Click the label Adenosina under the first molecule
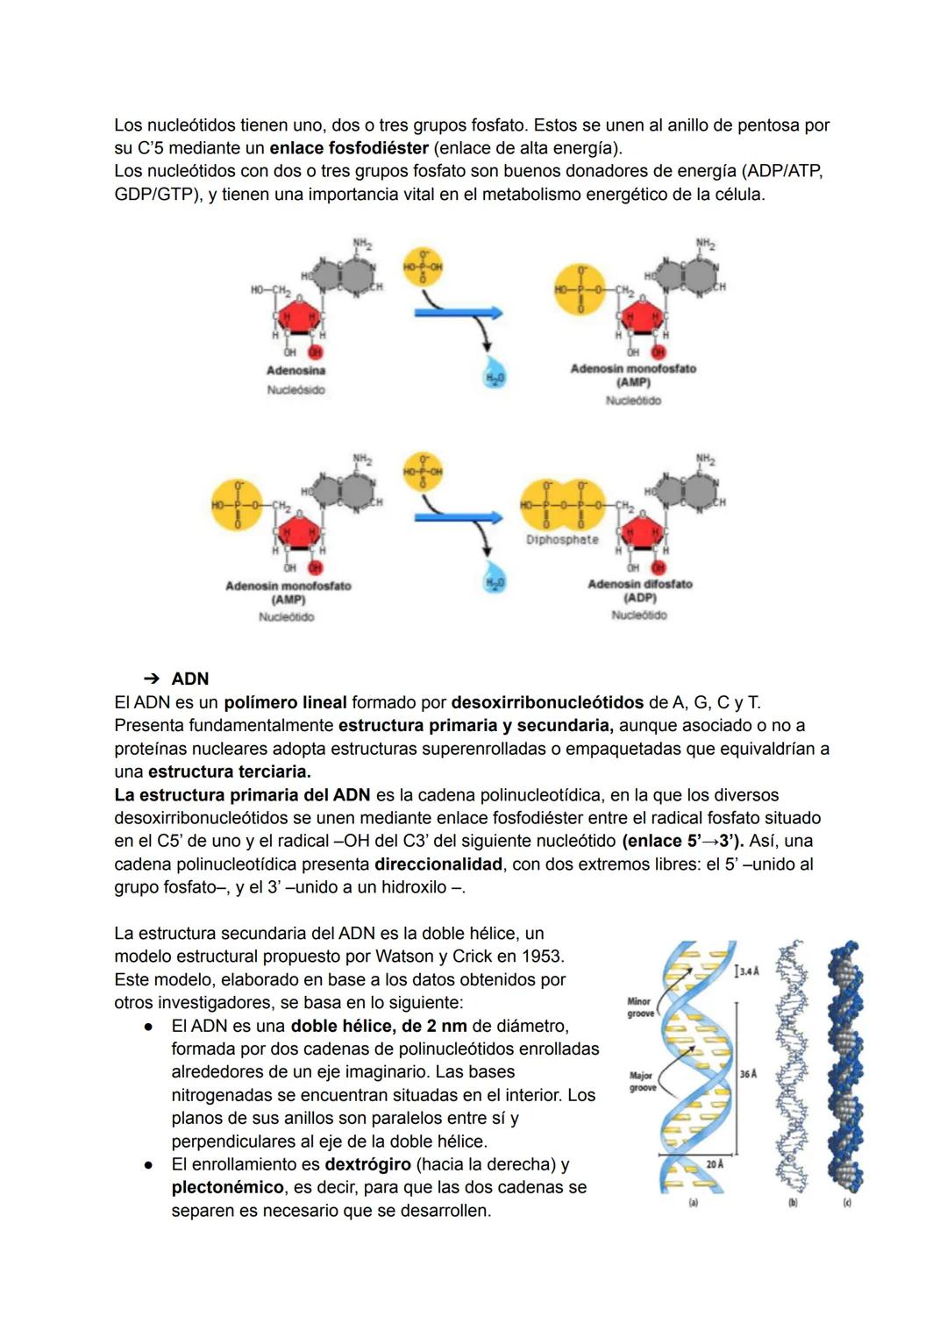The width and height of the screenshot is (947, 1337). click(295, 371)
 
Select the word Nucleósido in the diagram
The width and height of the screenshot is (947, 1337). click(295, 390)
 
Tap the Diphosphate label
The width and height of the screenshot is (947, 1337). click(562, 540)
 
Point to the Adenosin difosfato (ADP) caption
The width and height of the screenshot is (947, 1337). click(639, 591)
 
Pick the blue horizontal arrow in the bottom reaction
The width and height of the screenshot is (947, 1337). click(458, 517)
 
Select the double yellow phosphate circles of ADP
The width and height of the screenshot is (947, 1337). click(562, 505)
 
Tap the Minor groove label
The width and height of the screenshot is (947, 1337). click(639, 1007)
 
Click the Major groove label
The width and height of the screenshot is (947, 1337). click(641, 1081)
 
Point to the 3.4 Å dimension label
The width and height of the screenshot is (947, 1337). click(748, 971)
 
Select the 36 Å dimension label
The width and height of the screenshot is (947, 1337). click(748, 1074)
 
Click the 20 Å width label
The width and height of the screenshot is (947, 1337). click(715, 1164)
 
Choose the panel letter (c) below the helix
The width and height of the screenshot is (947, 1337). click(846, 1204)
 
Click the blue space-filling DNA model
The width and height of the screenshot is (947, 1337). click(846, 1070)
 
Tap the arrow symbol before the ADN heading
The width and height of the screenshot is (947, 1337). click(152, 679)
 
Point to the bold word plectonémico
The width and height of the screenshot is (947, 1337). click(228, 1187)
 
